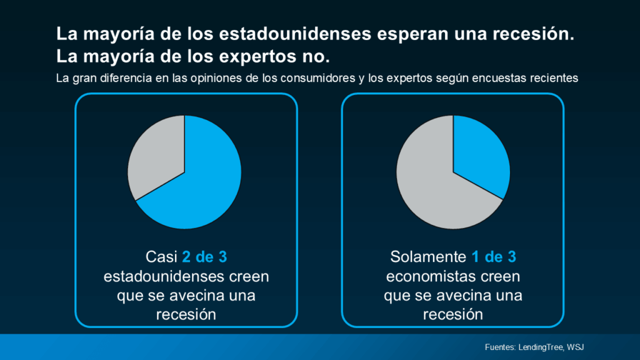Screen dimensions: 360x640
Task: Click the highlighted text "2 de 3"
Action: click(209, 257)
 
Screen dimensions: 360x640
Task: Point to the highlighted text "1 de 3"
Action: click(494, 257)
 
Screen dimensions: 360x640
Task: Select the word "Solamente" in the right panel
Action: click(429, 257)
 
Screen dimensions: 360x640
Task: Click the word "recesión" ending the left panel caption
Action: click(186, 314)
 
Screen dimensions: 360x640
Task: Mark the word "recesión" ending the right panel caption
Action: click(452, 314)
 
